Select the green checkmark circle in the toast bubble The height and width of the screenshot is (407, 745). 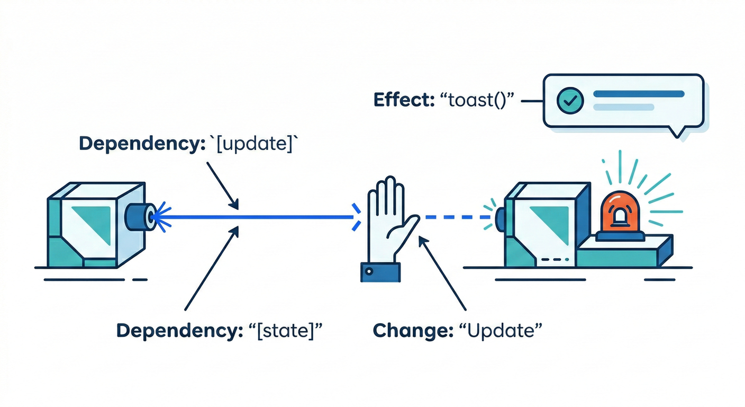tap(570, 100)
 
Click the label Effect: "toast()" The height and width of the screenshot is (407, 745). tap(444, 100)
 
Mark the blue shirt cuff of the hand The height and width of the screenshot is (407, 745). tap(380, 271)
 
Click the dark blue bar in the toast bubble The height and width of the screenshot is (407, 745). tap(639, 94)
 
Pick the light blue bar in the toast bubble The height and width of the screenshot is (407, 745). tap(624, 107)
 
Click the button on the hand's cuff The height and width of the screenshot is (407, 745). tap(369, 271)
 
